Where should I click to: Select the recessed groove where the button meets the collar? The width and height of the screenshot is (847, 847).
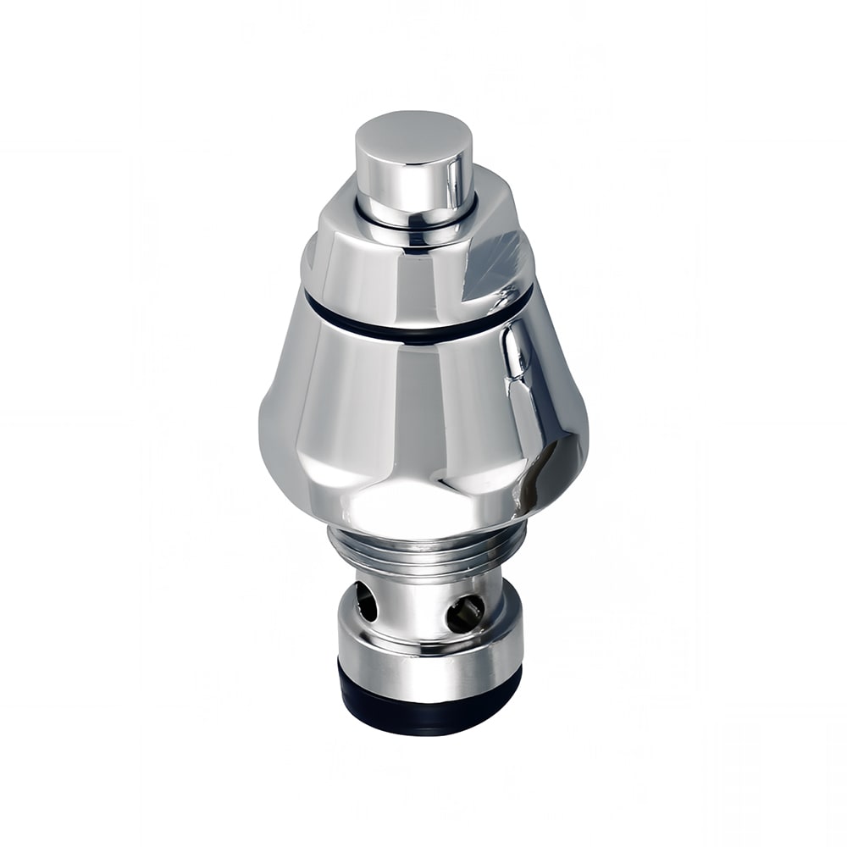[415, 223]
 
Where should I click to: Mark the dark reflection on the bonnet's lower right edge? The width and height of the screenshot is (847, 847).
[555, 474]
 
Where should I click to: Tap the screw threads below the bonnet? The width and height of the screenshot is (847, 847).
[423, 555]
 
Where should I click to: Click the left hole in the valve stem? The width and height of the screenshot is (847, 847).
[366, 602]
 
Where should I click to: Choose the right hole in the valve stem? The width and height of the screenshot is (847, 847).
[465, 612]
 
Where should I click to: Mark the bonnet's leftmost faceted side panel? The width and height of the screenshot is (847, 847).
[284, 407]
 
